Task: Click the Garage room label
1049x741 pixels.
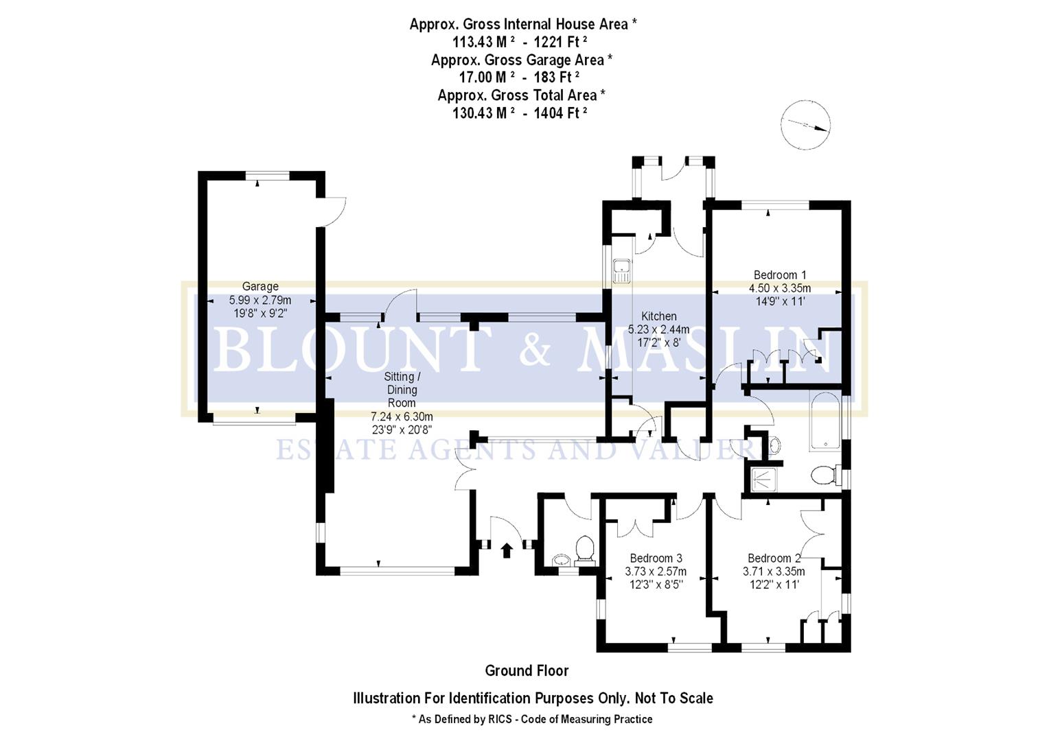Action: (260, 286)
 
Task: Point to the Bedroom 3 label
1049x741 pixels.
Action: (656, 558)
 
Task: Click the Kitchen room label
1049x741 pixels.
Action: (658, 316)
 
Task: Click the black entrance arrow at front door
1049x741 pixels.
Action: (507, 550)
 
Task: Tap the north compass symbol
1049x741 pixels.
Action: (806, 125)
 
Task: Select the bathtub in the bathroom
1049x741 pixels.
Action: (825, 422)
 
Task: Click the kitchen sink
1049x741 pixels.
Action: (622, 270)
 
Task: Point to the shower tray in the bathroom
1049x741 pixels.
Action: (763, 479)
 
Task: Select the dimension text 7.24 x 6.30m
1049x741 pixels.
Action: (402, 416)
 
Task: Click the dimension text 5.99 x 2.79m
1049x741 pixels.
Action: (260, 300)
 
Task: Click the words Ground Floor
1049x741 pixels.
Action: (527, 670)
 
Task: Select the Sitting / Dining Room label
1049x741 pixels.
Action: (402, 389)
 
